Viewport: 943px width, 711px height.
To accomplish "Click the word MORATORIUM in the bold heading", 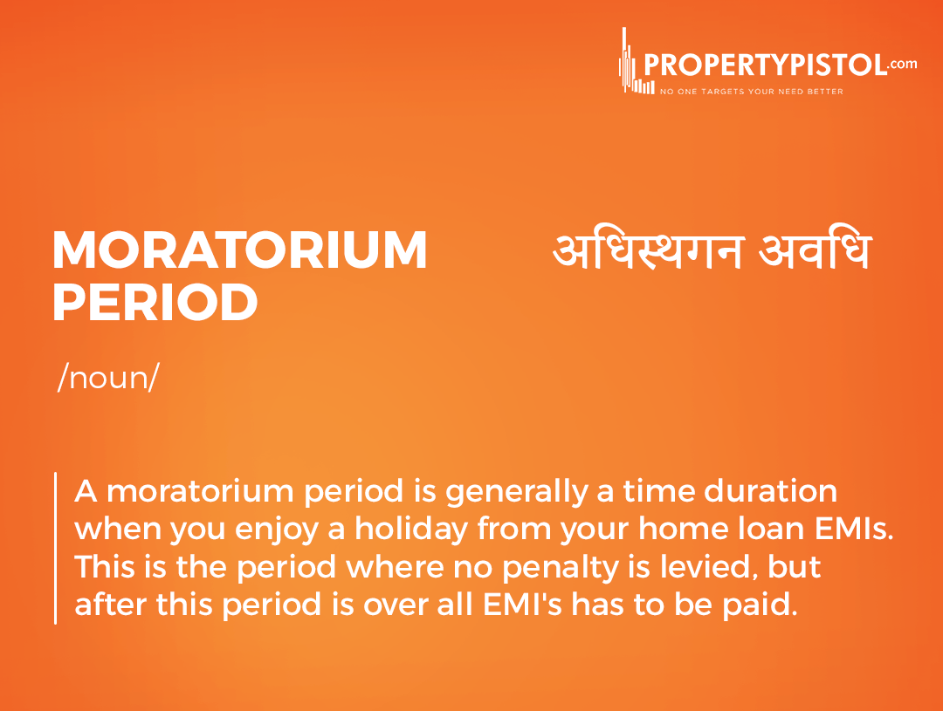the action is pyautogui.click(x=239, y=250).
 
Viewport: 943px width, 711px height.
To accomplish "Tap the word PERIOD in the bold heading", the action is pyautogui.click(x=155, y=302).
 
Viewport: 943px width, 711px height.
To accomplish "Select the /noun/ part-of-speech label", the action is pyautogui.click(x=108, y=378).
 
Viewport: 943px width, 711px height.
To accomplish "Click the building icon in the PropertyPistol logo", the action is pyautogui.click(x=635, y=61).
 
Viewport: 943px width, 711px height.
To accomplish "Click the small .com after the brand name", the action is pyautogui.click(x=903, y=64).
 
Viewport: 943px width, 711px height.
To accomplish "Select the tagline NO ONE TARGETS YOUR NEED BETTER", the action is pyautogui.click(x=751, y=92).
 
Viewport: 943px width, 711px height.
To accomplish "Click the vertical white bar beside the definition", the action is pyautogui.click(x=55, y=548).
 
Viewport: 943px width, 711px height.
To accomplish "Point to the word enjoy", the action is pyautogui.click(x=276, y=530).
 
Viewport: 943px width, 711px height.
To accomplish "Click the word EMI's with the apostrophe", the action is pyautogui.click(x=522, y=605).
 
